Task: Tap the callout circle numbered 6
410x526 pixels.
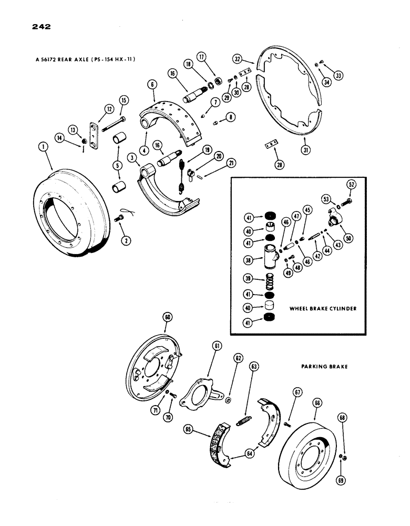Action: (x=151, y=85)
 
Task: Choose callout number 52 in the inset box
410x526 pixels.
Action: (x=351, y=184)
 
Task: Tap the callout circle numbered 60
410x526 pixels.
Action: (x=168, y=317)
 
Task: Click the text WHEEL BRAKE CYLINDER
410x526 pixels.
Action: (x=323, y=309)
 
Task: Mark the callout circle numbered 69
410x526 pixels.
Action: (x=342, y=466)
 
